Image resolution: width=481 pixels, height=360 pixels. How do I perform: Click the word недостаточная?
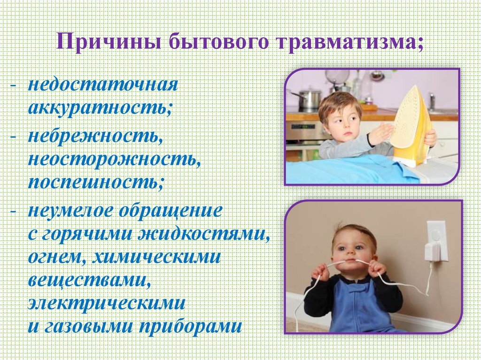tap(102, 85)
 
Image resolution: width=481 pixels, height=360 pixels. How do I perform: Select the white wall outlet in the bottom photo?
tap(435, 240)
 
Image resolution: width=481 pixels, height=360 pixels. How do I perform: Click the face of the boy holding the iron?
tap(341, 123)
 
